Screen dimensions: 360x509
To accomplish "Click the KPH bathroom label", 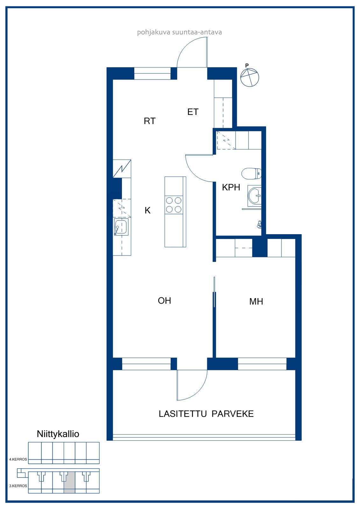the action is point(231,187).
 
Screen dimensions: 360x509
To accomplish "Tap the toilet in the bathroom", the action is point(251,174).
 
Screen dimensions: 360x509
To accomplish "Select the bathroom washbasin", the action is point(254,195).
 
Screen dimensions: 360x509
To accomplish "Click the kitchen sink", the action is point(121,227).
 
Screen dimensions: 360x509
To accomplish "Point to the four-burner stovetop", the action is point(173,205).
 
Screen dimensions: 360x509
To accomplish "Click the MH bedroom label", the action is point(256,302).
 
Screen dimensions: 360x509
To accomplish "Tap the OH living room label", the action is point(164,301).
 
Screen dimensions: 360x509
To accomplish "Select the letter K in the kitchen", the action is point(148,210).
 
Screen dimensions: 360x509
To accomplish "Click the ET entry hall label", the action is point(193,112).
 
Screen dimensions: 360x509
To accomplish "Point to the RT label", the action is point(150,121).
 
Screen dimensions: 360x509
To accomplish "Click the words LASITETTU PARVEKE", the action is point(206,414).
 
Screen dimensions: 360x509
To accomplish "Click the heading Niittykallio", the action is point(58,434).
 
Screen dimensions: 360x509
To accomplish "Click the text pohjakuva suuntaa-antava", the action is point(180,32).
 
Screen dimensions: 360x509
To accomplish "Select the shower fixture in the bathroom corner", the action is point(259,225).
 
